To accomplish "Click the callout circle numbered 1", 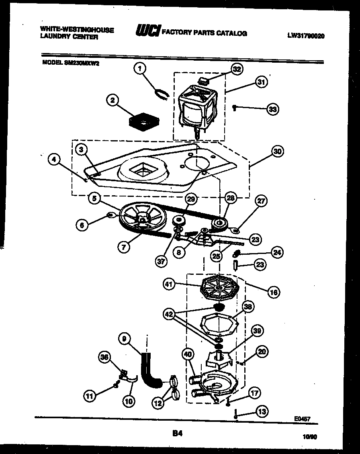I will click(x=139, y=69).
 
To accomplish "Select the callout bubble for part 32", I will click(x=237, y=69).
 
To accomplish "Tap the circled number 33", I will click(x=273, y=109).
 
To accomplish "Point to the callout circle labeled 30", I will click(x=277, y=151).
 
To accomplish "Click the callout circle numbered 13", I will click(x=262, y=411).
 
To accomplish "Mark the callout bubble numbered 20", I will click(x=262, y=352).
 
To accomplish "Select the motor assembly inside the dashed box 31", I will click(x=198, y=106).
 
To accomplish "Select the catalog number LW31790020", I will click(x=306, y=36).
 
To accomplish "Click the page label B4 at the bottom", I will click(x=177, y=433).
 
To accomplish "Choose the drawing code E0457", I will click(x=302, y=418).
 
